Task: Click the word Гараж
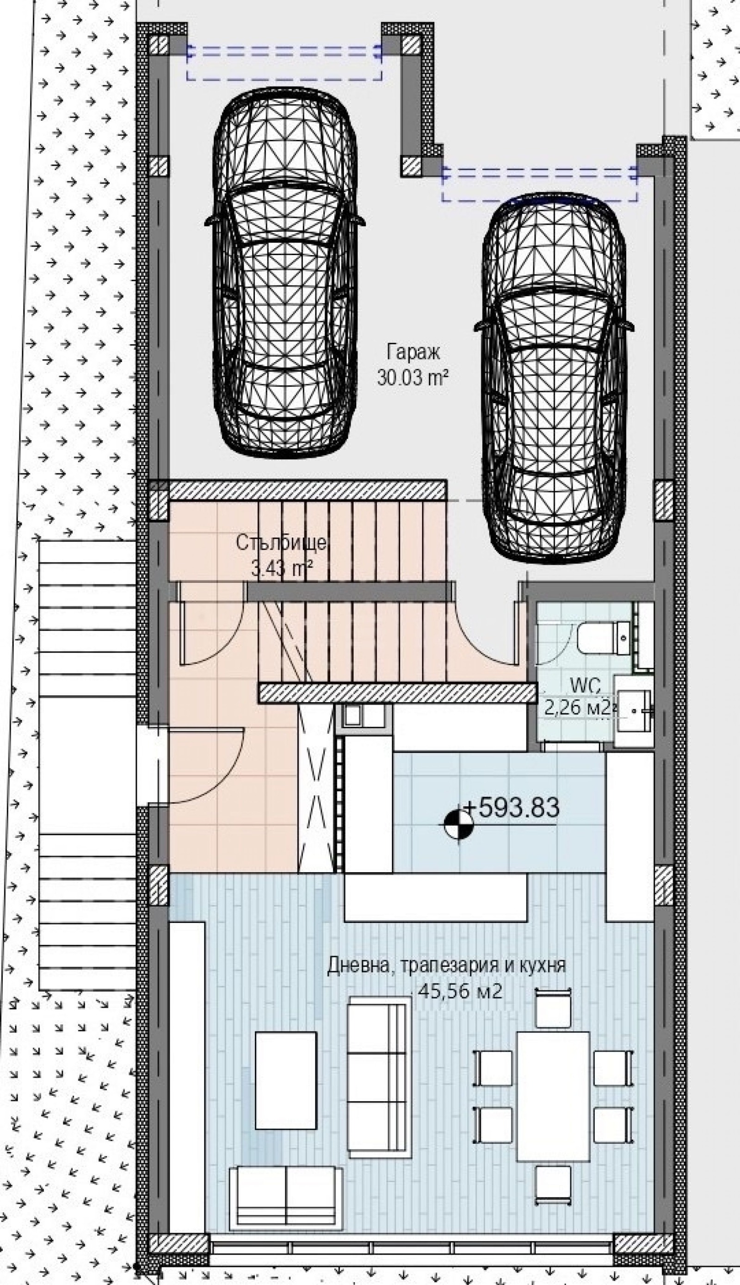pos(413,352)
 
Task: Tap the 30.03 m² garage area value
pos(413,377)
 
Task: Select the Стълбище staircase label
pos(281,543)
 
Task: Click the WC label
pos(585,686)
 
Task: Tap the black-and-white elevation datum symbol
pos(459,824)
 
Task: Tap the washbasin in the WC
pos(633,710)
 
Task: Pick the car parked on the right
pos(554,378)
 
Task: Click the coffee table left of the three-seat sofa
pos(286,1083)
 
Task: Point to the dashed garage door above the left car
pos(284,62)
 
